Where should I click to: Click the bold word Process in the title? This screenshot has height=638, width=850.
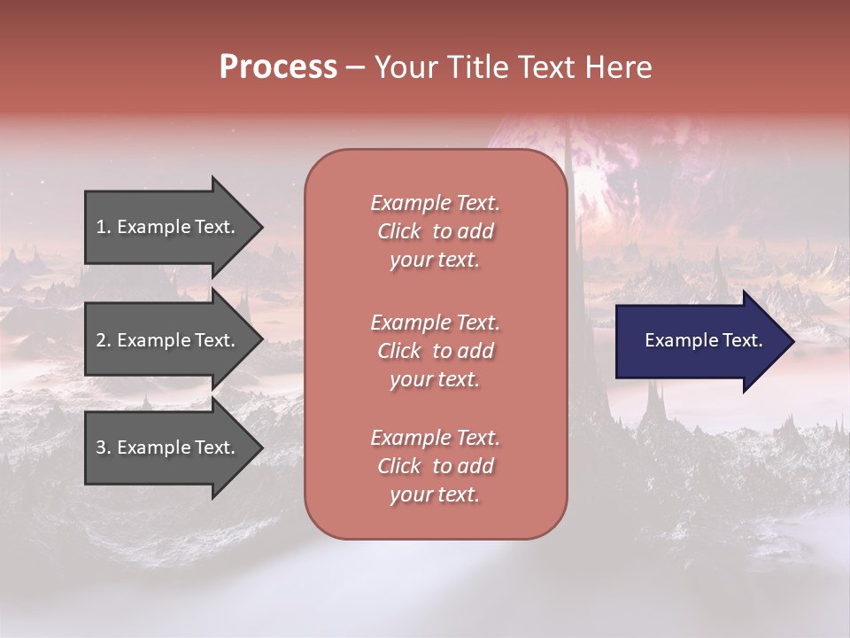click(278, 67)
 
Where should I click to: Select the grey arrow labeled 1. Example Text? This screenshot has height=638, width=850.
click(168, 227)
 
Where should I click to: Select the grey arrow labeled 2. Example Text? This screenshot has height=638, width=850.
click(168, 340)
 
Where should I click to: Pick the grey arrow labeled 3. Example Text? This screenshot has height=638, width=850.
click(168, 447)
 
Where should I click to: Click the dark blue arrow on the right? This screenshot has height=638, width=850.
click(699, 340)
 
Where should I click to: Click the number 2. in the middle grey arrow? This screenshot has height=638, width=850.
click(103, 340)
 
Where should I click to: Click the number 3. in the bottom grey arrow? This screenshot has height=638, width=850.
click(103, 447)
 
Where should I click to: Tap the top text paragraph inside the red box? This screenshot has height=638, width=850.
click(435, 231)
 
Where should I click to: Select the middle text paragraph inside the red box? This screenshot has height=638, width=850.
click(435, 351)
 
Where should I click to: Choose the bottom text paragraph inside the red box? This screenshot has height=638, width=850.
click(435, 466)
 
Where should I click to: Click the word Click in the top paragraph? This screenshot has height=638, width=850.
click(398, 231)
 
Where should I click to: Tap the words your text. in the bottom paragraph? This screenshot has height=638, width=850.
click(435, 494)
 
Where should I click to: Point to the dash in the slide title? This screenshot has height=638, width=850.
click(356, 68)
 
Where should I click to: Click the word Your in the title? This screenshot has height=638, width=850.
click(406, 67)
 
